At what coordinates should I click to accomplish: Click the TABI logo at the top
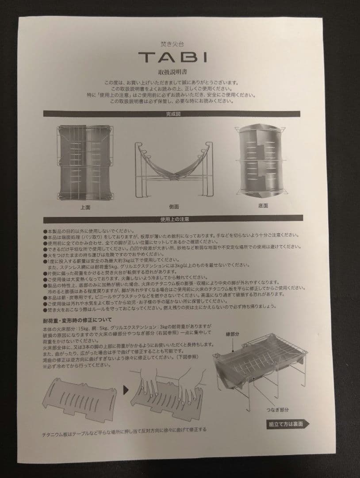172,57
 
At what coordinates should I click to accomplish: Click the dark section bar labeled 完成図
173,114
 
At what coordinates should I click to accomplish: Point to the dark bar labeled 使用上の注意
173,219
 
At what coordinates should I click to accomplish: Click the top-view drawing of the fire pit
85,163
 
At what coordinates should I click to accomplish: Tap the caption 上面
85,207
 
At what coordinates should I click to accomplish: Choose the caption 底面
263,206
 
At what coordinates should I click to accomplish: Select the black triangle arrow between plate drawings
126,390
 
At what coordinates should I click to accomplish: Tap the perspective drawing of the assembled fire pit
261,367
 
